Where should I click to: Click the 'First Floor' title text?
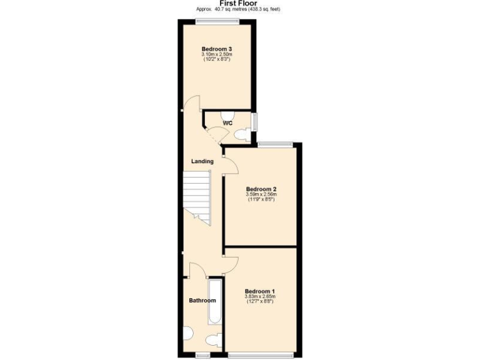240,3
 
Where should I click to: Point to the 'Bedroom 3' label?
216,49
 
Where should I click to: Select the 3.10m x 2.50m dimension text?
216,54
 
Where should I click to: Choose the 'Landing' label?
202,161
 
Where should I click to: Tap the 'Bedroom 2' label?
261,189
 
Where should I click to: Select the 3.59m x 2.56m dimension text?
261,194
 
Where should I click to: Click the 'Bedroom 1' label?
259,291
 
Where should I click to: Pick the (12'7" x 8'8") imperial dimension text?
259,302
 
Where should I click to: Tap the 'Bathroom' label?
202,301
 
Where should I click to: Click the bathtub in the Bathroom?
214,301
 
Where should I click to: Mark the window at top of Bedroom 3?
216,22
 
